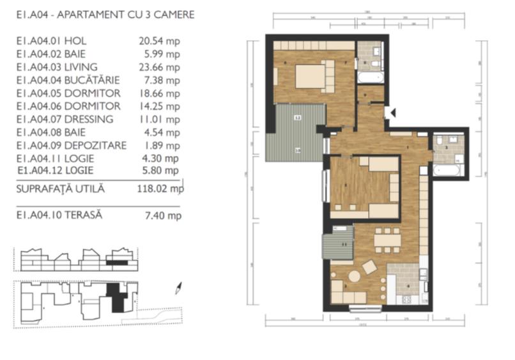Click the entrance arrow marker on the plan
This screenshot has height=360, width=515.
393,113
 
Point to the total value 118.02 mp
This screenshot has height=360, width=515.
160,189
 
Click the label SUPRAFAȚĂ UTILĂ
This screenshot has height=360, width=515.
60,189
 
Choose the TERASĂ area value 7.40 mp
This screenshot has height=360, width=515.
164,215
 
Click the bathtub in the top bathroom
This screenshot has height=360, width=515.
370,78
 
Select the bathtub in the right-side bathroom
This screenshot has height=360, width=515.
447,171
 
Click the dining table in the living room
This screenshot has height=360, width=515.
388,239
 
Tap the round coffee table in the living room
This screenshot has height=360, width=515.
353,276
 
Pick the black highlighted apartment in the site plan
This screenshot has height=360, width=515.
116,297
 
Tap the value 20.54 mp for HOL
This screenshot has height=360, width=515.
159,41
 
